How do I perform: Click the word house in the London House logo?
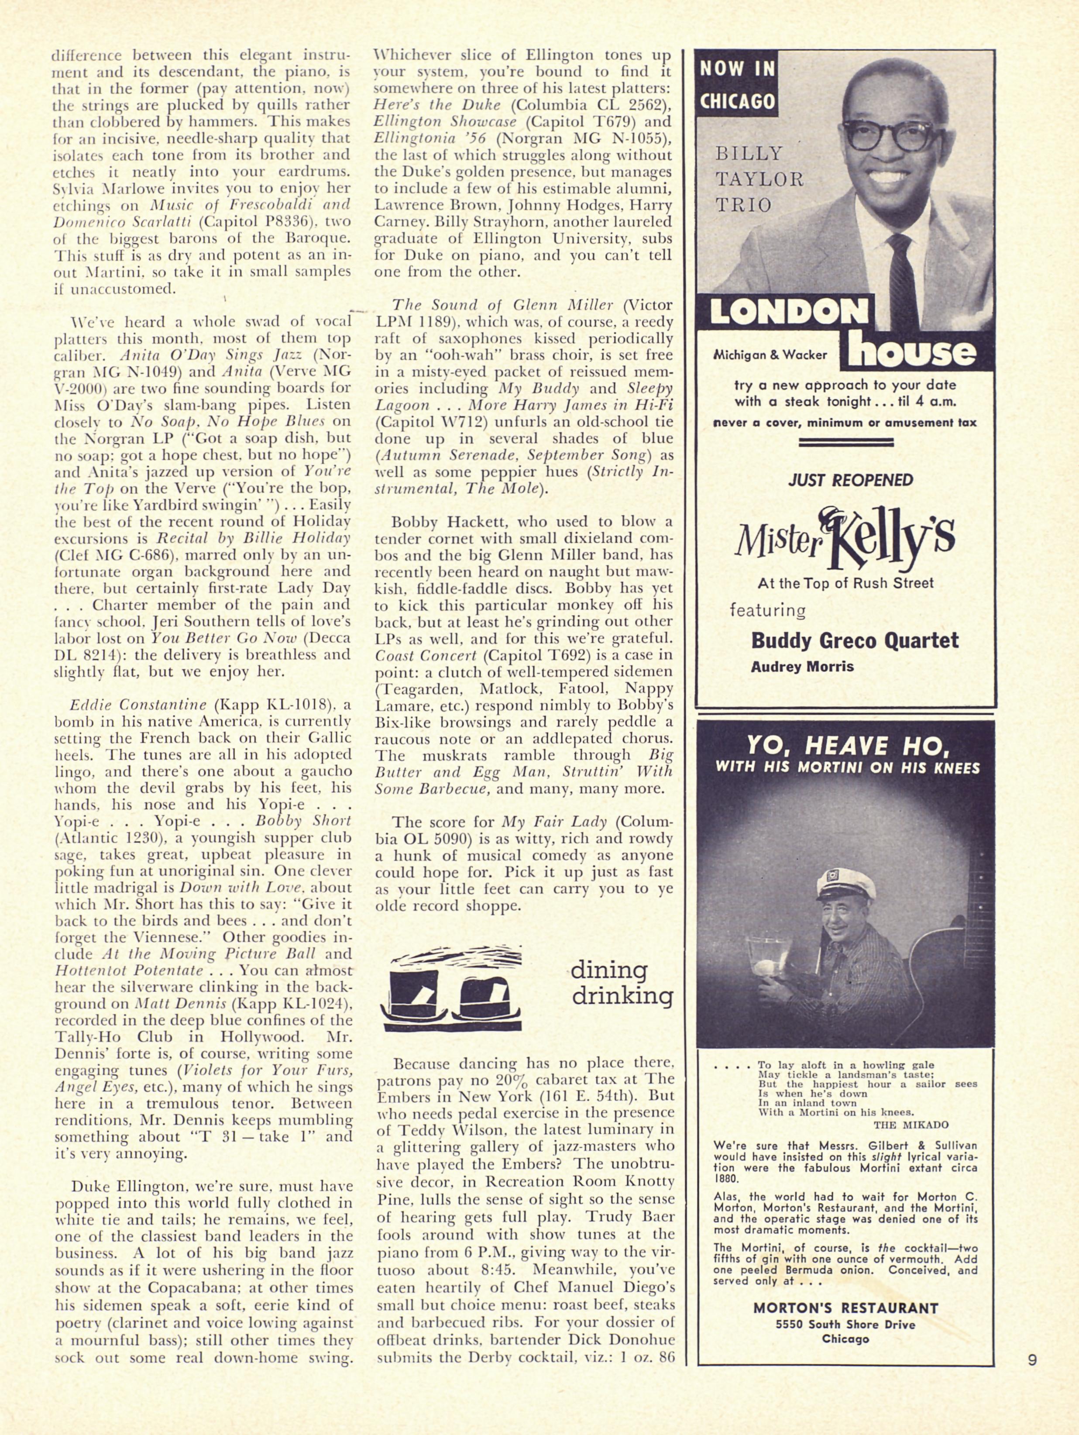pyautogui.click(x=912, y=351)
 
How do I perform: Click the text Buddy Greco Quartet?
pyautogui.click(x=854, y=640)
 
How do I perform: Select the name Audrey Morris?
pyautogui.click(x=802, y=666)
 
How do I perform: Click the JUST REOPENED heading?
pyautogui.click(x=851, y=480)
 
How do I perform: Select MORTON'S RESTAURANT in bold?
pyautogui.click(x=845, y=1290)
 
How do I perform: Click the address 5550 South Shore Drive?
pyautogui.click(x=845, y=1306)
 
